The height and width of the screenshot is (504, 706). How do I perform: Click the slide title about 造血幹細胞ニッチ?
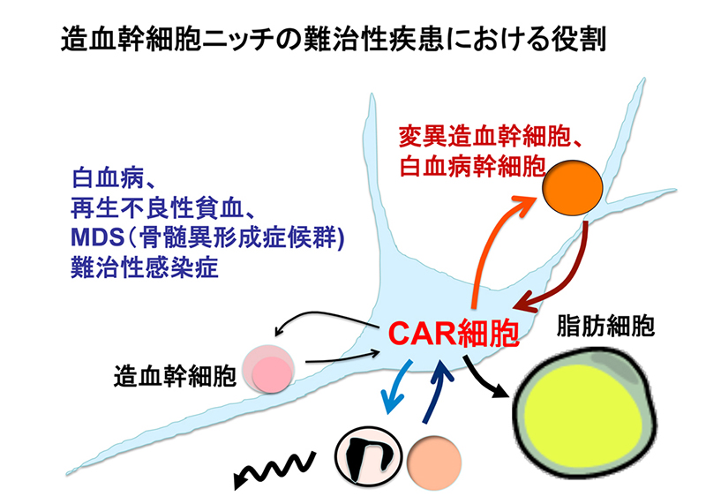(334, 41)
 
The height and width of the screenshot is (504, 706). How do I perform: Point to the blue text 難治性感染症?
(131, 266)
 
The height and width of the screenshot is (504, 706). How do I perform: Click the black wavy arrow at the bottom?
(274, 468)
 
